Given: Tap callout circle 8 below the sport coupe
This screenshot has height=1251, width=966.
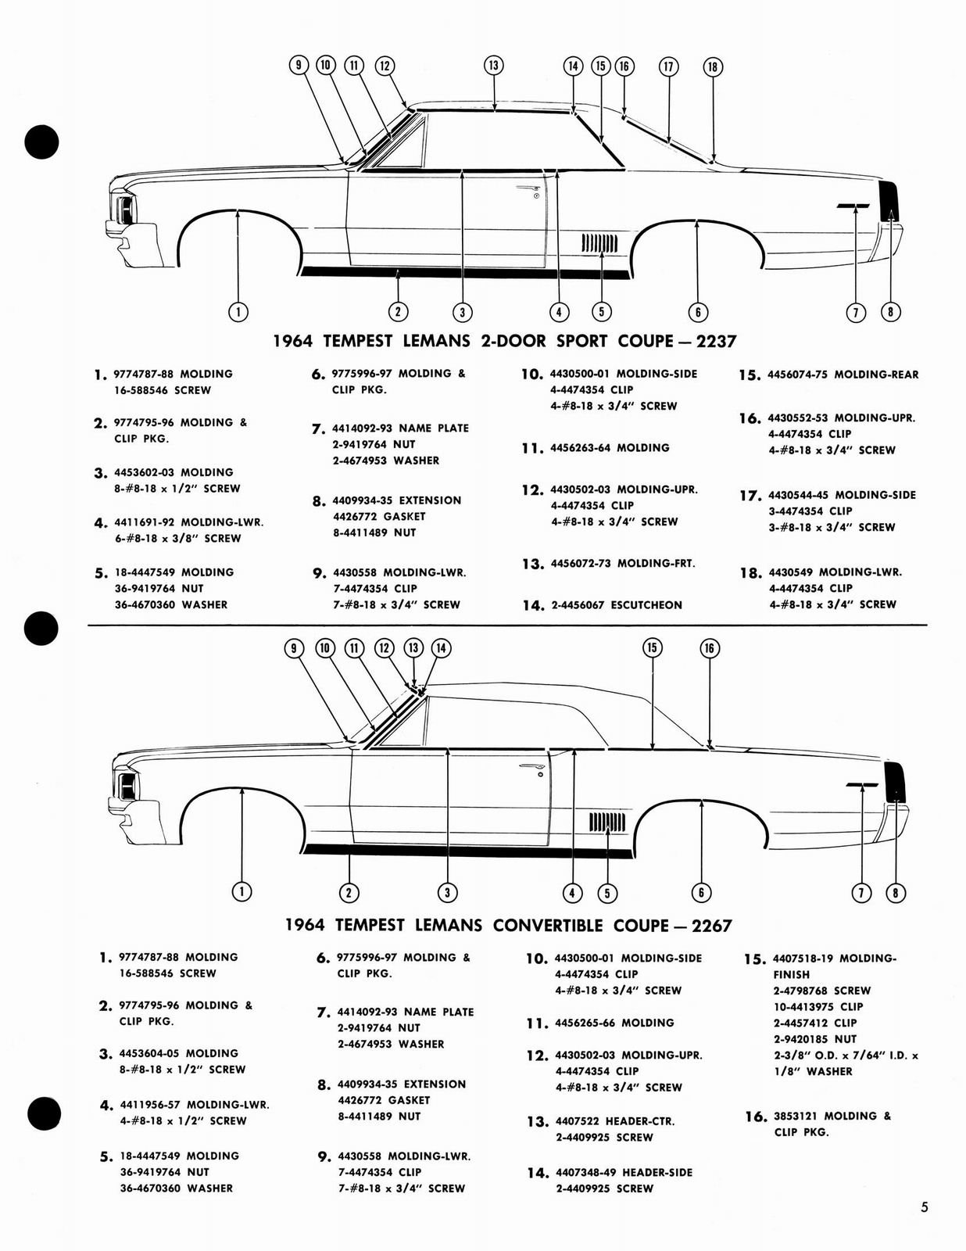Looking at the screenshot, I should click(890, 312).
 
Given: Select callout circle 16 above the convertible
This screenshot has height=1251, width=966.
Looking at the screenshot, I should click(710, 647).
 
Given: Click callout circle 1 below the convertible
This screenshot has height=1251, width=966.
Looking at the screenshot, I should click(242, 892).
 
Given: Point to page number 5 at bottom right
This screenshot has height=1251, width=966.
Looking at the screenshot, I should click(924, 1207).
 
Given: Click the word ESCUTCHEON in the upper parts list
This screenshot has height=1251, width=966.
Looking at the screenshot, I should click(646, 605).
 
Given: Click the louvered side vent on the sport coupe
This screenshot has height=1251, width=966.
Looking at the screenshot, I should click(599, 244).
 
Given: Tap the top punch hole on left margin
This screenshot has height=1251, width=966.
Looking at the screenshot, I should click(41, 142).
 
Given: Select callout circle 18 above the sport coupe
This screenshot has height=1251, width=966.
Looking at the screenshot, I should click(712, 66).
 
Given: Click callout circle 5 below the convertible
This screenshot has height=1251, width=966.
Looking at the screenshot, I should click(606, 893).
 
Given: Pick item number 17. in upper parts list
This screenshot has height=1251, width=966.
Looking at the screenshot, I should click(750, 496).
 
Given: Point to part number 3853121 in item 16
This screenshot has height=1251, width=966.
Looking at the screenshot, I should click(796, 1117).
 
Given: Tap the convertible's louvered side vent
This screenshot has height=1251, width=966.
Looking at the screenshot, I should click(607, 822).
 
